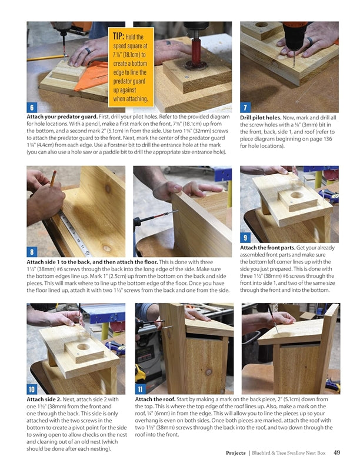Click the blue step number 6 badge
32,107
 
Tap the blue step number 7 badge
245,107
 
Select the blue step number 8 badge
32,252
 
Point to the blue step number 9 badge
245,238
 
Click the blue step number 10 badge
32,389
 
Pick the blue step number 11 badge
140,389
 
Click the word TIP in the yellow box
118,36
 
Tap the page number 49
336,452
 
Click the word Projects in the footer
235,453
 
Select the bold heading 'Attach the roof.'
155,399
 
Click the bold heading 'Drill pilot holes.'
261,118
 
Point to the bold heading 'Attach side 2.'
44,399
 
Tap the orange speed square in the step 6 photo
91,76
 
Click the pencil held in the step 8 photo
54,178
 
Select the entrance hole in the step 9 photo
296,195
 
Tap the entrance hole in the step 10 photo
83,347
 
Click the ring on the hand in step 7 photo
309,41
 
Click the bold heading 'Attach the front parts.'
268,248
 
